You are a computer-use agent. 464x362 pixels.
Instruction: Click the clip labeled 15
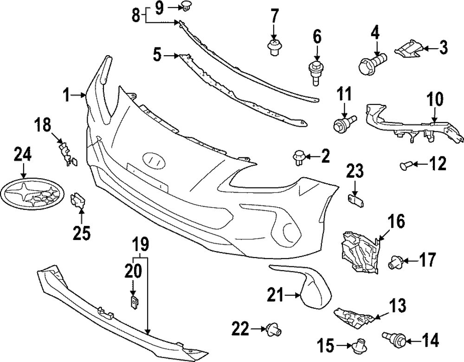359,345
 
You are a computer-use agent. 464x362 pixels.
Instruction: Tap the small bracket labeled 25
77,202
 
